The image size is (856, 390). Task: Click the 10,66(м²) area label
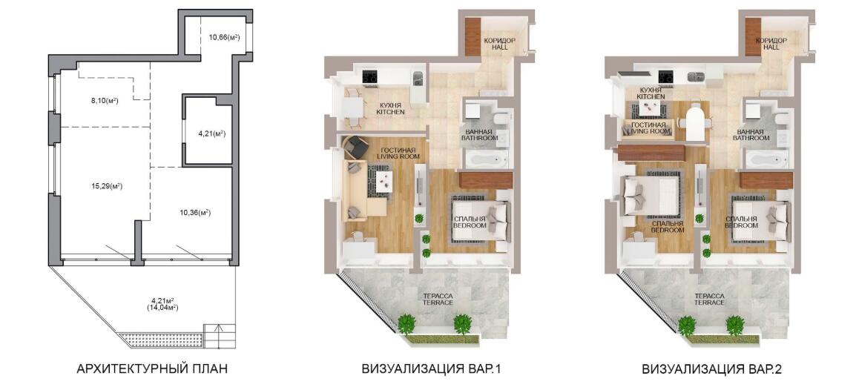(x=224, y=38)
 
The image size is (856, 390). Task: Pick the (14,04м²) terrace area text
(x=162, y=308)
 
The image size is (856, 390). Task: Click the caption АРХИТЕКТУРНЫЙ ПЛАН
(x=152, y=369)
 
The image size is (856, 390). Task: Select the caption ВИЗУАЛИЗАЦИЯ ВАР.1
(x=431, y=369)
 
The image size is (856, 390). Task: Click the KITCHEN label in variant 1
(x=389, y=113)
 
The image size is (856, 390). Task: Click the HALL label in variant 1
(x=499, y=48)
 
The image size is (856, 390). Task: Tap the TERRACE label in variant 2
(x=710, y=303)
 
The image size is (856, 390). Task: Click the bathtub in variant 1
(x=487, y=159)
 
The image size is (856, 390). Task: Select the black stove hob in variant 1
(x=370, y=77)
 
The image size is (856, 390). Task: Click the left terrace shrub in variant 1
(x=406, y=323)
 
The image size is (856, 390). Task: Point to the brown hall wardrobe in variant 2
(x=753, y=36)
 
